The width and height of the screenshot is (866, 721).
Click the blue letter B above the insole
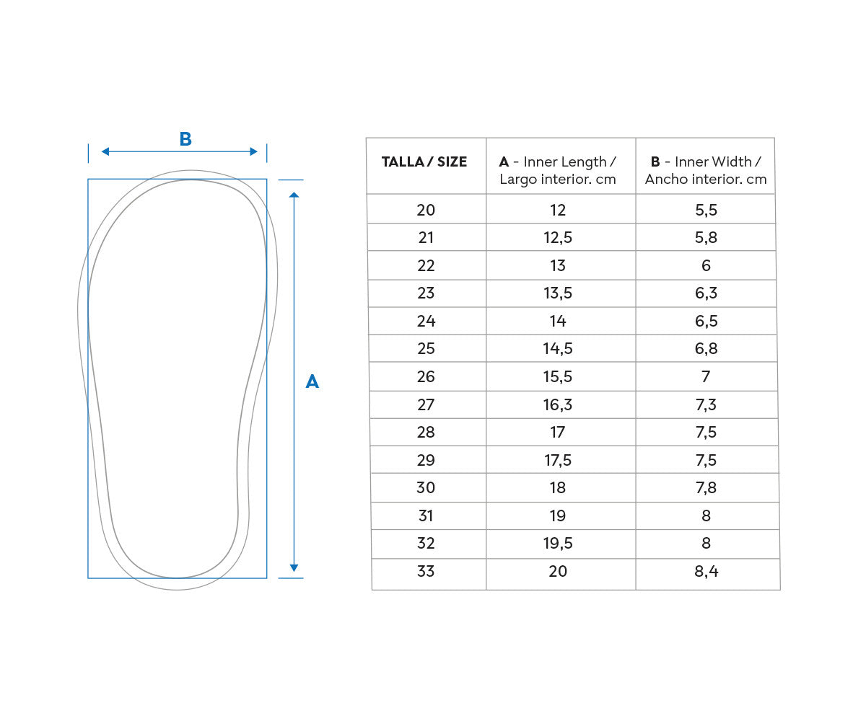(x=185, y=139)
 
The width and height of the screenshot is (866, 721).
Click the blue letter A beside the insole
(x=312, y=381)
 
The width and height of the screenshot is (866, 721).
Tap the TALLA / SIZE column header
(x=424, y=162)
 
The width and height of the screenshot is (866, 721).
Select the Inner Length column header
(x=558, y=170)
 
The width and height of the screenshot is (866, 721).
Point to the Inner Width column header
(x=706, y=170)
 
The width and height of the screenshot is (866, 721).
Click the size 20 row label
(x=426, y=210)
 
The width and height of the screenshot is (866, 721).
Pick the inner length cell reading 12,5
(x=558, y=238)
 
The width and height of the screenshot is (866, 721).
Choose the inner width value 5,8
(x=706, y=238)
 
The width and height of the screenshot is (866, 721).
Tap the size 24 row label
(x=426, y=321)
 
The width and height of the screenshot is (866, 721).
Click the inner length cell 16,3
(x=558, y=404)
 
